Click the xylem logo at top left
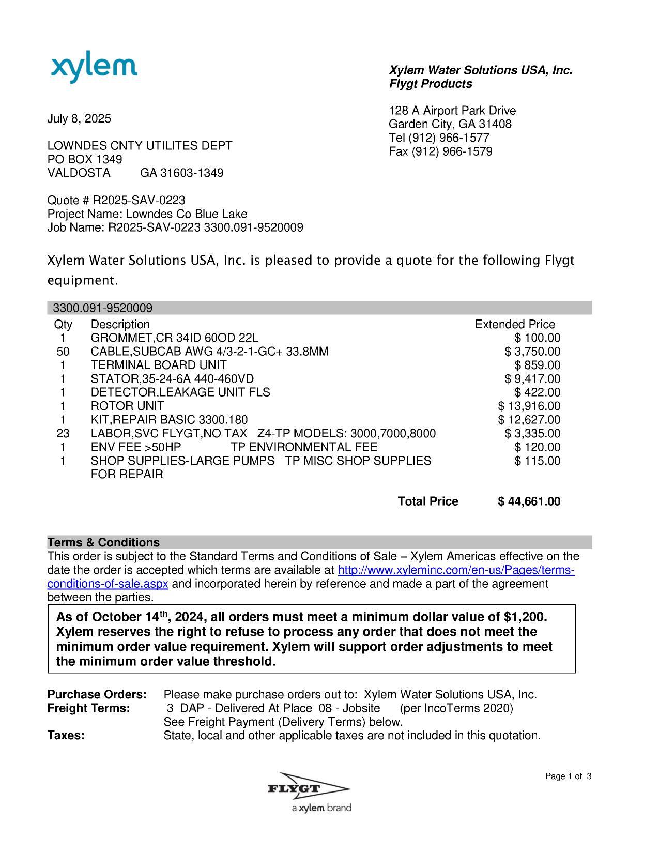coord(94,69)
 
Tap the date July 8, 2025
coord(79,119)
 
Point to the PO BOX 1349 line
coord(85,159)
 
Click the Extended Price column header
coord(515,325)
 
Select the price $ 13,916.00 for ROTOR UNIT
coord(529,406)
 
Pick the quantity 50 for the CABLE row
coord(63,352)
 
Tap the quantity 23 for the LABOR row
coord(63,434)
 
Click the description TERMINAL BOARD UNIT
coord(158,365)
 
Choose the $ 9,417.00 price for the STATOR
coord(532,379)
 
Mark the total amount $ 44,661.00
coord(529,501)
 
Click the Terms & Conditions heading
coord(103,543)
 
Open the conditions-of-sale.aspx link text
coord(108,584)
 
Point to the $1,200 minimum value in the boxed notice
coord(524,617)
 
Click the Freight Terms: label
coord(88,708)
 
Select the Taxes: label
coord(66,736)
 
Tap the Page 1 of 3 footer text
coord(568,776)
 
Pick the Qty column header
coord(63,325)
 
